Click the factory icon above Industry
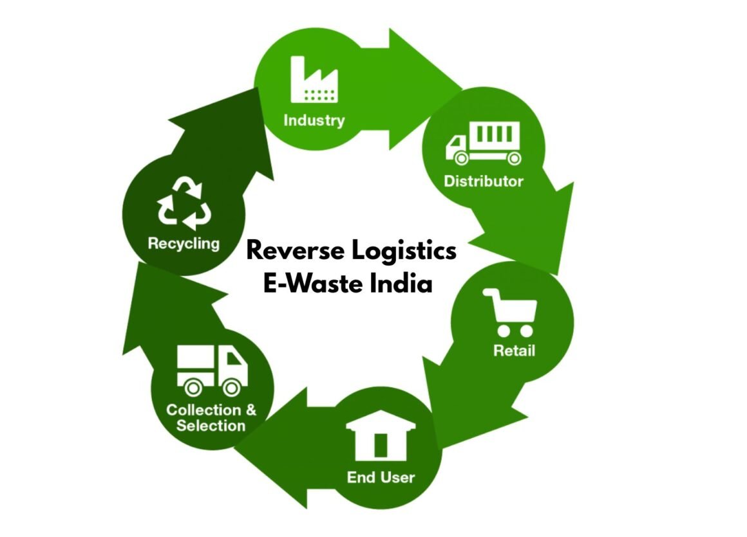314,80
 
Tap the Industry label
314,120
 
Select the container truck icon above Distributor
483,143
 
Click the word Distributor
483,181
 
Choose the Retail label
514,351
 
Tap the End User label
381,477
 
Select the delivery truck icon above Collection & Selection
212,370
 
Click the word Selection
211,426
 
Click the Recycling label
184,244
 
